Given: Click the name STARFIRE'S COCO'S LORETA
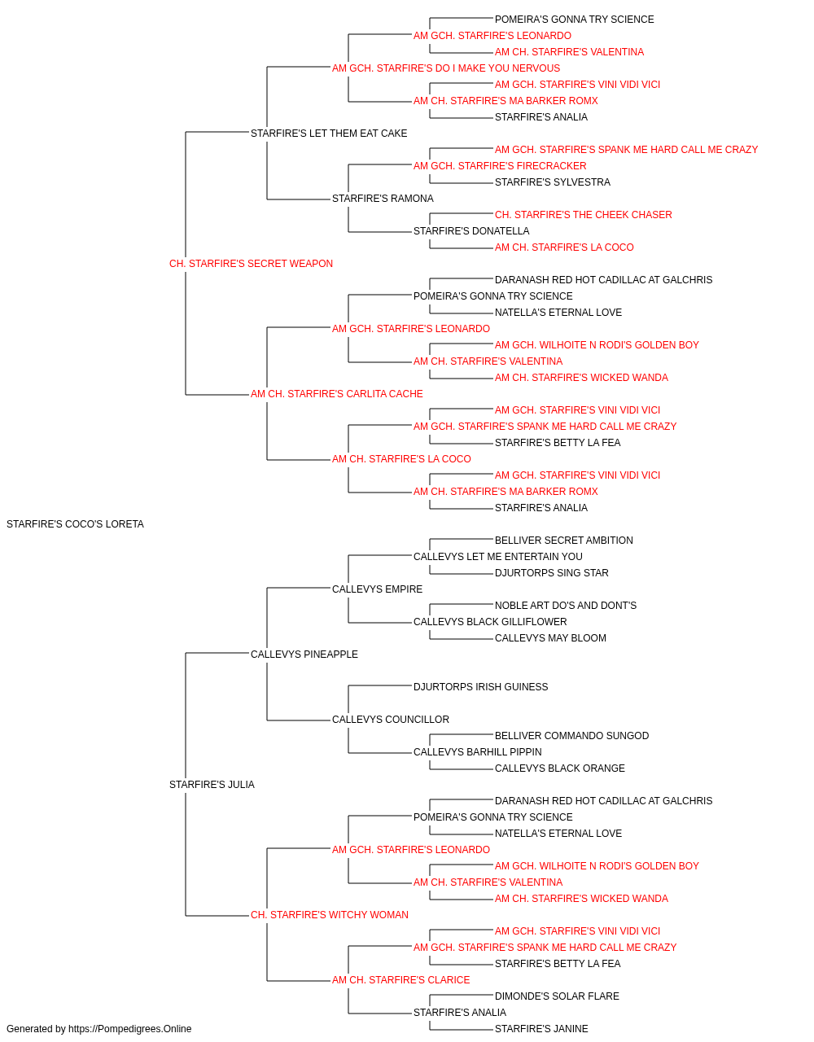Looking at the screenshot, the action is click(75, 524).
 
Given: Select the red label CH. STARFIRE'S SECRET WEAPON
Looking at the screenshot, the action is click(251, 264).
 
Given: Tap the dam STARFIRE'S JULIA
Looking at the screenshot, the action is click(212, 785).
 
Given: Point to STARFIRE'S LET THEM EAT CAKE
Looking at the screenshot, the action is click(329, 134).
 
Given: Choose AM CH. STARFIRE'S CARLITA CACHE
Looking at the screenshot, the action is click(336, 394).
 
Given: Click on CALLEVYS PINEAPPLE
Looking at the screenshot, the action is click(304, 655).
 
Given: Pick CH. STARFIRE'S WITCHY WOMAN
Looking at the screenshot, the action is click(330, 915).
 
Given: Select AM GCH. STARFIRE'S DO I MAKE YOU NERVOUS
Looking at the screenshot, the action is click(446, 68).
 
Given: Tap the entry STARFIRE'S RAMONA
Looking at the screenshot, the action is click(383, 199).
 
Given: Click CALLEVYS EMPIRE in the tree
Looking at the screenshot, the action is click(377, 589).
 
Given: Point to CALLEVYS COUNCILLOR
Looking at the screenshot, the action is click(391, 720).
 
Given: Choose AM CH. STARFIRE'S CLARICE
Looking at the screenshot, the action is click(400, 980).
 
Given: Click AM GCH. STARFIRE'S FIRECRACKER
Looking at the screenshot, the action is click(500, 166).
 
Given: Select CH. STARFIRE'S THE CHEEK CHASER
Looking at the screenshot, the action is click(584, 215).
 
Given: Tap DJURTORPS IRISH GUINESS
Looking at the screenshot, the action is click(481, 687).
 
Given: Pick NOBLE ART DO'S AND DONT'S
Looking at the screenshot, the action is click(566, 606).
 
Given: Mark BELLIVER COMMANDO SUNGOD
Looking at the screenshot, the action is click(572, 736).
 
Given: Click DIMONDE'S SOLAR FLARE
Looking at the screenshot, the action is click(557, 996).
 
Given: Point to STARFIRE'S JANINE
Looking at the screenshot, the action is click(541, 1029).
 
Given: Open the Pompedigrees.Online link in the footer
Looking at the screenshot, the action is click(130, 1029).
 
